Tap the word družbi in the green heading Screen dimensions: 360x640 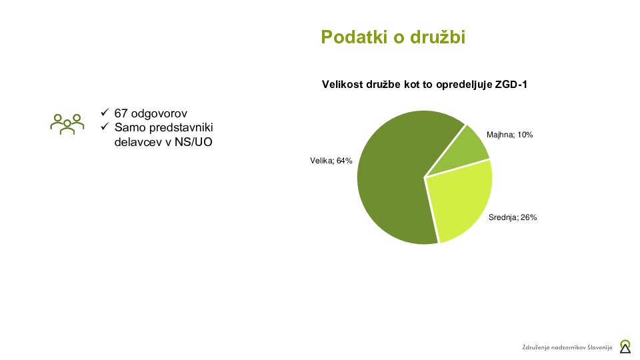click(436, 37)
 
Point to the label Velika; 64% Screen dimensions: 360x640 click(331, 161)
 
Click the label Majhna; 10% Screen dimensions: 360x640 click(509, 135)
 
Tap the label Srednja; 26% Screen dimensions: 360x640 click(513, 217)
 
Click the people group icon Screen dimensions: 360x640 click(67, 123)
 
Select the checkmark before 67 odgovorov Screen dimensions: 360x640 click(104, 113)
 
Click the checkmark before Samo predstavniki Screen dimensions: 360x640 click(104, 127)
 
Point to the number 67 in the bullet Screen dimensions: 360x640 click(121, 113)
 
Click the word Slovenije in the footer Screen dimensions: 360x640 click(597, 347)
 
